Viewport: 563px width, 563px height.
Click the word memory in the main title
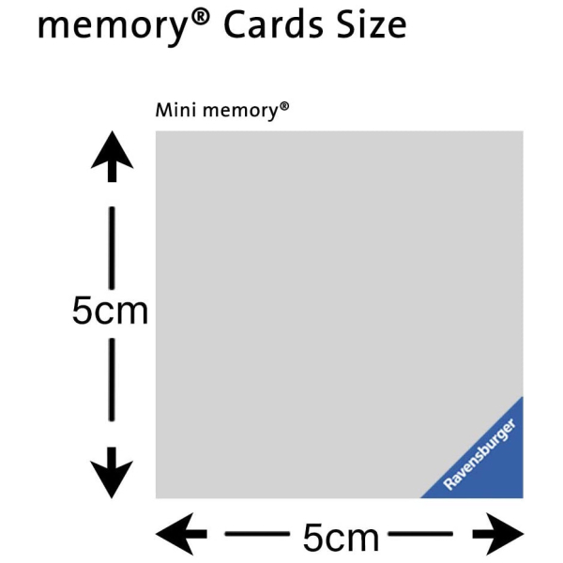[112, 27]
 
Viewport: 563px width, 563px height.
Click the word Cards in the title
[274, 24]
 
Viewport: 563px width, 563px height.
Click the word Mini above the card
[175, 110]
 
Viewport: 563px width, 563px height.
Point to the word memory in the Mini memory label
[240, 112]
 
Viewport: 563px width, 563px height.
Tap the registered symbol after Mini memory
[284, 107]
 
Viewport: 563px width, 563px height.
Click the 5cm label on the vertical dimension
[110, 311]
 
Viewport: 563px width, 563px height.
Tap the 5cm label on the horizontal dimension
[341, 537]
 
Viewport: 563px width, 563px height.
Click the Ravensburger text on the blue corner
[479, 454]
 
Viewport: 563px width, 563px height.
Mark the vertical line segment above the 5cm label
[112, 248]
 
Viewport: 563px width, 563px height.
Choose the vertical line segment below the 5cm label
[112, 379]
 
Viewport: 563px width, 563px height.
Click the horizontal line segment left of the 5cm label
[257, 534]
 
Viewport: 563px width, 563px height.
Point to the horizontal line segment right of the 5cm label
[420, 534]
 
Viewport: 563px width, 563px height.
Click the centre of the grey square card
[340, 314]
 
